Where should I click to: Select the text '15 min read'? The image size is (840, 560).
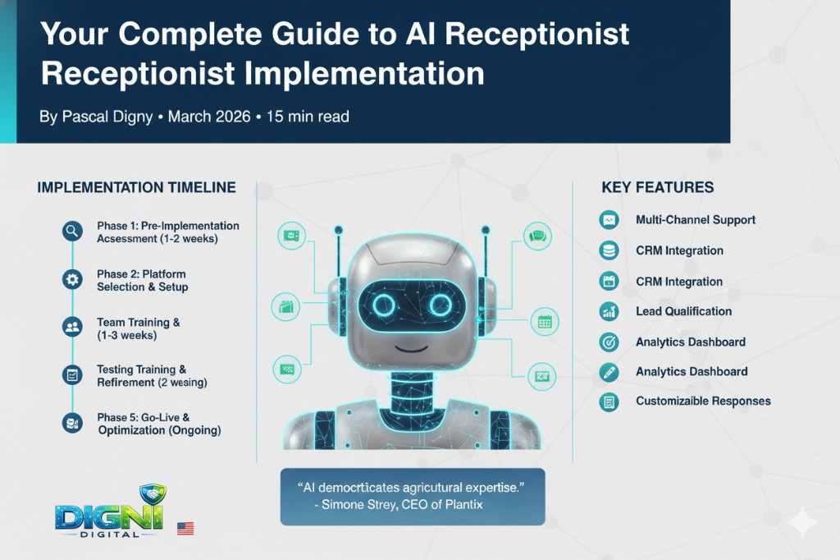coord(308,117)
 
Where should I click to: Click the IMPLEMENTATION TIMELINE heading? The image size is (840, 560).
coord(137,187)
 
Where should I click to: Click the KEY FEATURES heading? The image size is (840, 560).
coord(657,187)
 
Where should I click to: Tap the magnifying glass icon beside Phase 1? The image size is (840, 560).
coord(72,232)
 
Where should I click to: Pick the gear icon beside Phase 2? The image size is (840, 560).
coord(72,279)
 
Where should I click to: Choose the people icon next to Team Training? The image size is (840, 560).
coord(72,327)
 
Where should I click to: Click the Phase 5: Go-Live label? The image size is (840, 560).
coord(143,417)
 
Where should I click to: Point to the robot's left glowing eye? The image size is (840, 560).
coord(384,305)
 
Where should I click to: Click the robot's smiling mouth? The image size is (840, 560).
coord(412,347)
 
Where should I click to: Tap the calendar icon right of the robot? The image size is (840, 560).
coord(545,322)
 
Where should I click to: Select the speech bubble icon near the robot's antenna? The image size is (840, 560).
coord(537,236)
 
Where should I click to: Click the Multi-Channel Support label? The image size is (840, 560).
coord(696,220)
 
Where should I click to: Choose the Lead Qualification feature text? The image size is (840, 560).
coord(683,311)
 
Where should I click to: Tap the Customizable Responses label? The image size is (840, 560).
coord(703,401)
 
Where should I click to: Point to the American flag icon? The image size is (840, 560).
coord(185,528)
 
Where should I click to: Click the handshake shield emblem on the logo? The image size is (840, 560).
coord(153,494)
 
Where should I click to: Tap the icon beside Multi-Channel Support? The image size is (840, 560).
coord(609,220)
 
